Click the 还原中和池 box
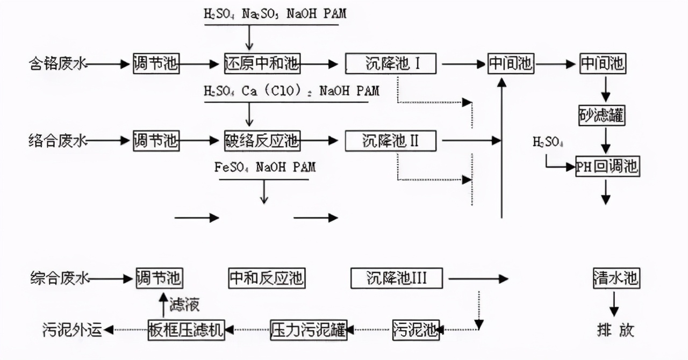pos(262,64)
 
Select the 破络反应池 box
pos(262,141)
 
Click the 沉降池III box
pos(397,278)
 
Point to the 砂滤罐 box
pos(603,116)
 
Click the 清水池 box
pos(616,278)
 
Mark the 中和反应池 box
pos(267,278)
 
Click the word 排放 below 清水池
pos(615,329)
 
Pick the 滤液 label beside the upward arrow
pos(184,305)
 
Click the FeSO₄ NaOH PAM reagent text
pos(264,167)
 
